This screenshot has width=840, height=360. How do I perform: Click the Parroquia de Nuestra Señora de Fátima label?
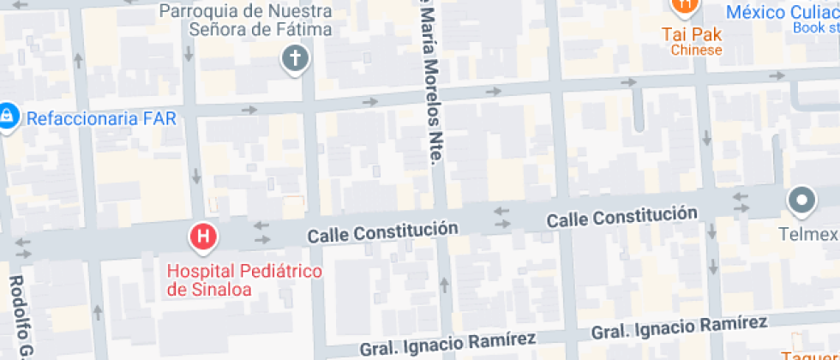(x=246, y=21)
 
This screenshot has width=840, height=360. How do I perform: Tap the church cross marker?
(x=295, y=59)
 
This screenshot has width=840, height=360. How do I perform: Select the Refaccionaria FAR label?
(x=101, y=118)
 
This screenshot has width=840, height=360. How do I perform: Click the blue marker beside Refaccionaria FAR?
(x=8, y=115)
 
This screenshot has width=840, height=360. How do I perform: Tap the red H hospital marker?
(x=203, y=235)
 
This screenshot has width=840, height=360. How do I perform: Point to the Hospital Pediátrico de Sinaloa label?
(x=244, y=280)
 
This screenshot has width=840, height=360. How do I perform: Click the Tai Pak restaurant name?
(x=691, y=35)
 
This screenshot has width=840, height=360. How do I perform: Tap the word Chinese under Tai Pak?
(x=696, y=50)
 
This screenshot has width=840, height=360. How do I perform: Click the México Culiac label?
(x=782, y=12)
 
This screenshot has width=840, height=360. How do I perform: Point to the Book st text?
(x=815, y=27)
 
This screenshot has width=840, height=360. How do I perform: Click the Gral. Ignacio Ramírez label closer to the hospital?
(x=447, y=344)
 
